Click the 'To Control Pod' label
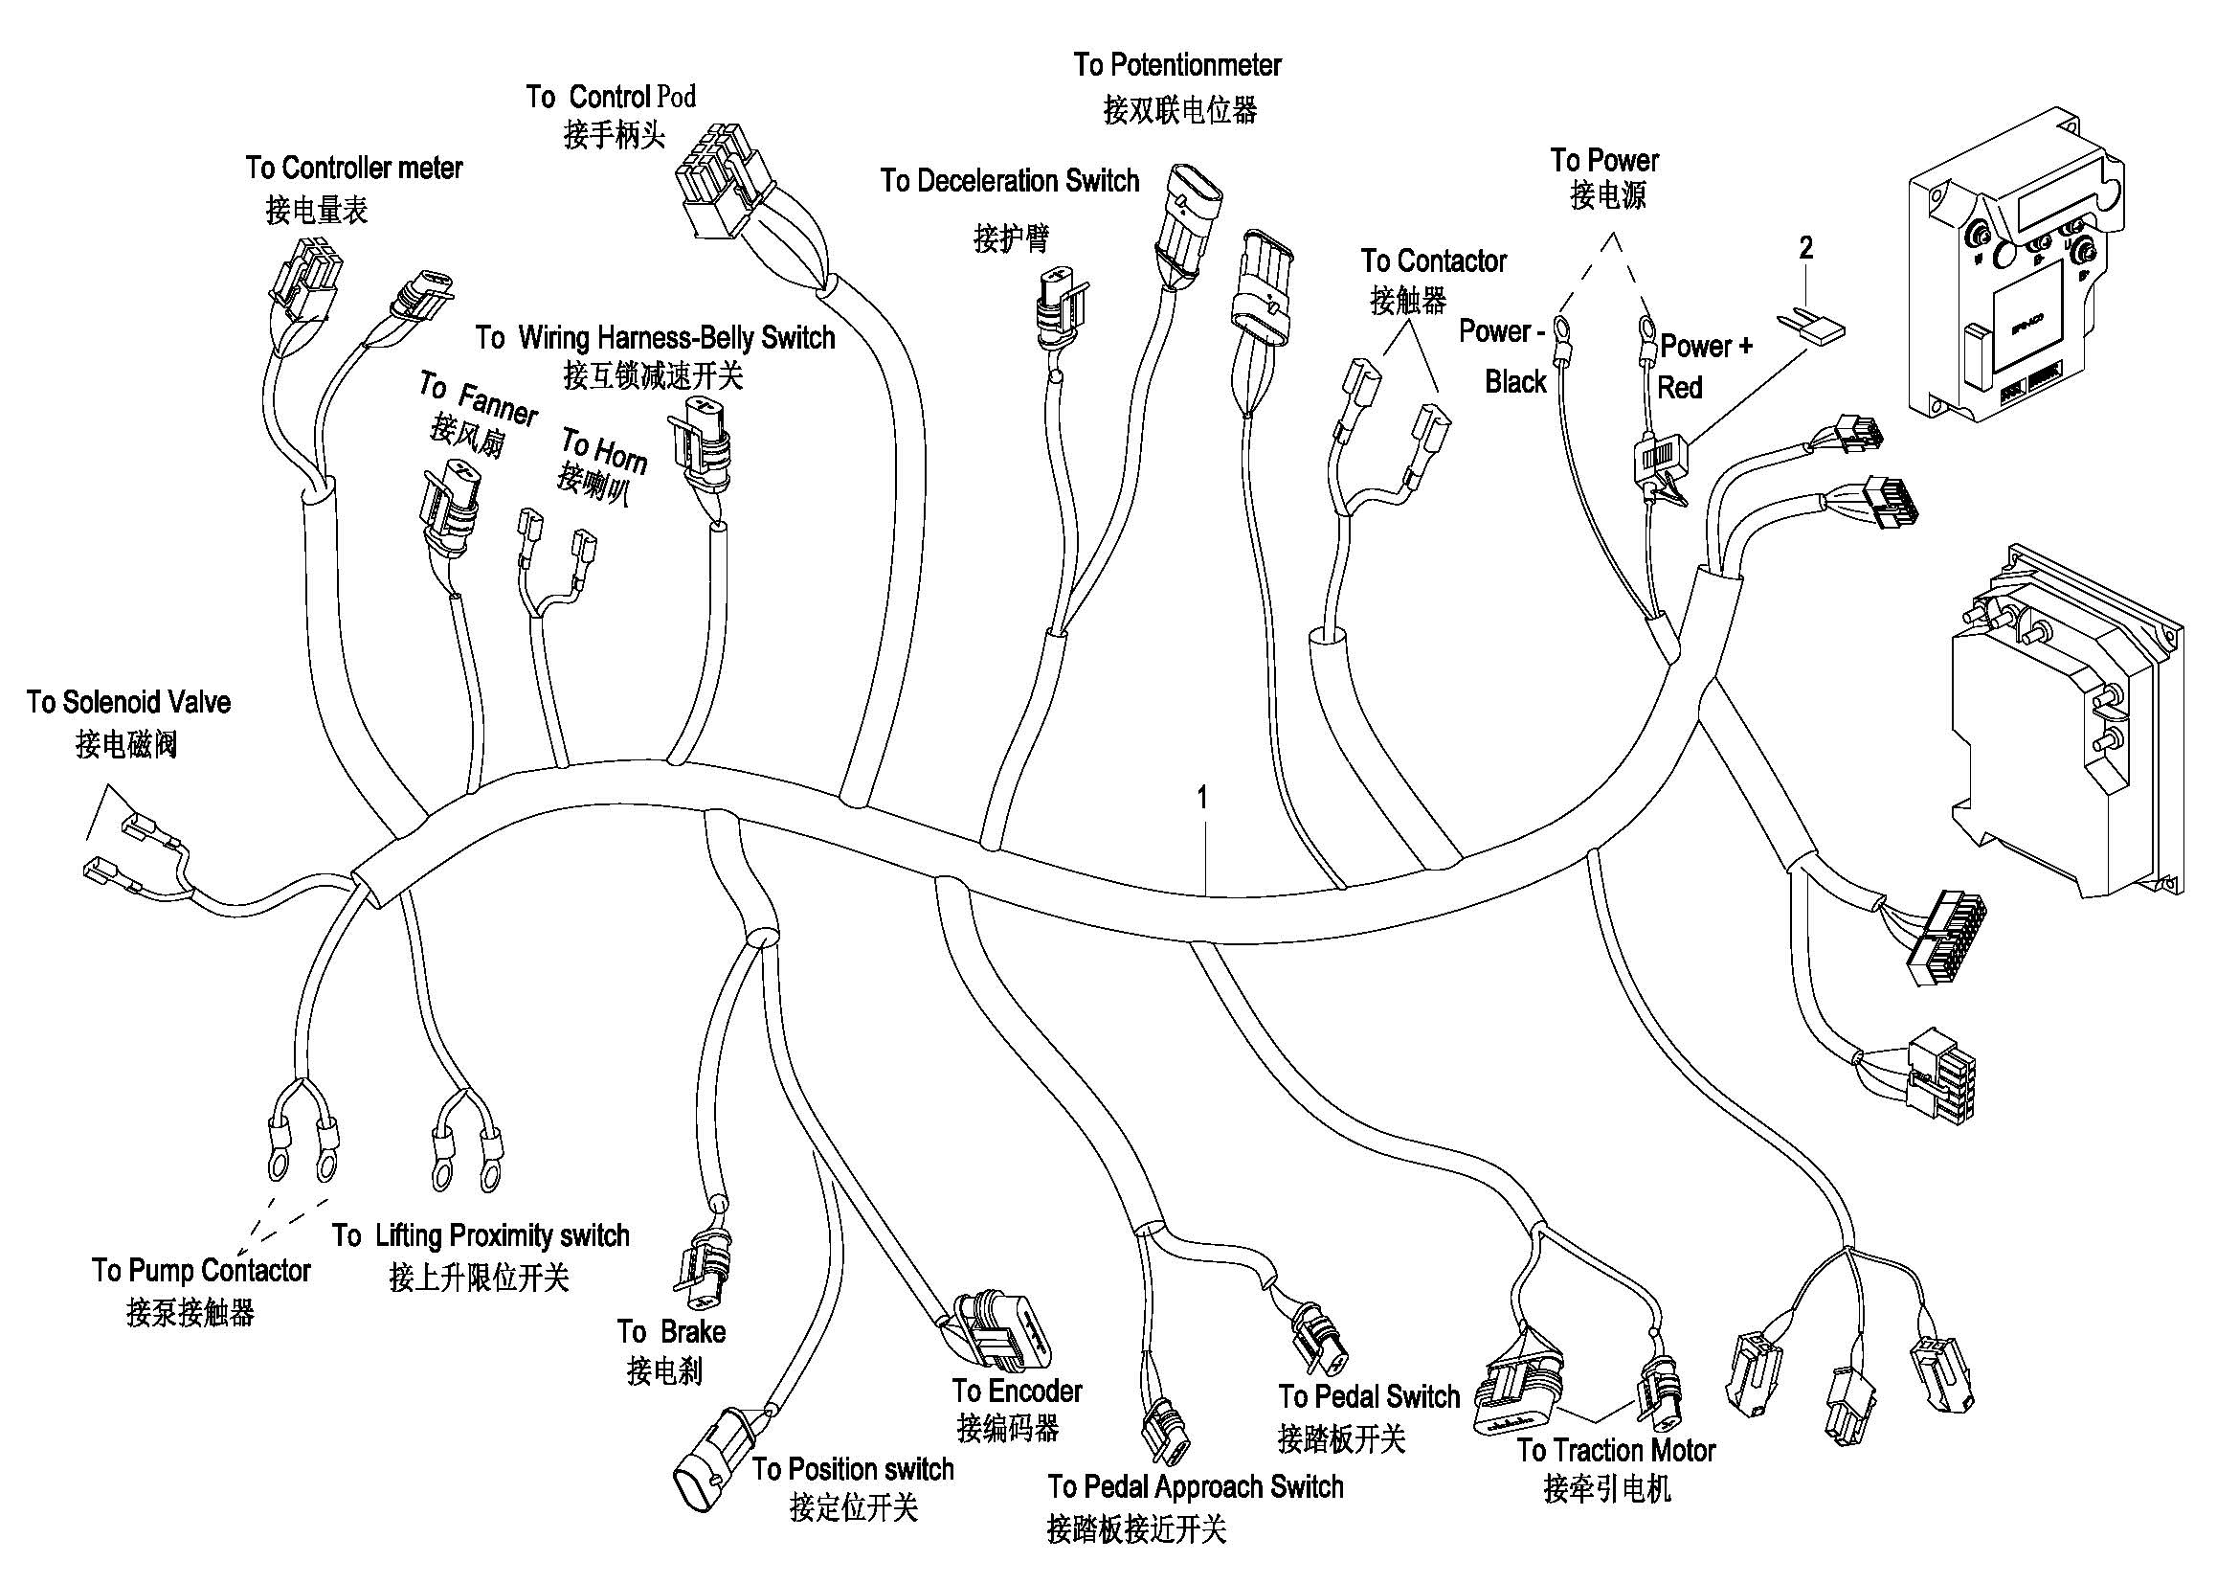click(x=612, y=97)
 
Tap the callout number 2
click(x=1806, y=248)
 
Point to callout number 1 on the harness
click(x=1202, y=798)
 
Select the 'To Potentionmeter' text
click(x=1177, y=65)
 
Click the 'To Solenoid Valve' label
click(x=128, y=702)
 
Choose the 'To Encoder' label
click(x=1018, y=1391)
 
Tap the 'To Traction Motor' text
click(x=1616, y=1450)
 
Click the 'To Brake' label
click(x=671, y=1331)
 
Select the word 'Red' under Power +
click(x=1679, y=388)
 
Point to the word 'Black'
click(x=1515, y=381)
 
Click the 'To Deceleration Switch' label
click(x=1009, y=180)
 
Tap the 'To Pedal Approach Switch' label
click(x=1196, y=1486)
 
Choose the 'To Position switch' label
click(x=852, y=1469)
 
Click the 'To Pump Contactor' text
click(x=201, y=1271)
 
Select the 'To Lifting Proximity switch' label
click(x=481, y=1235)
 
